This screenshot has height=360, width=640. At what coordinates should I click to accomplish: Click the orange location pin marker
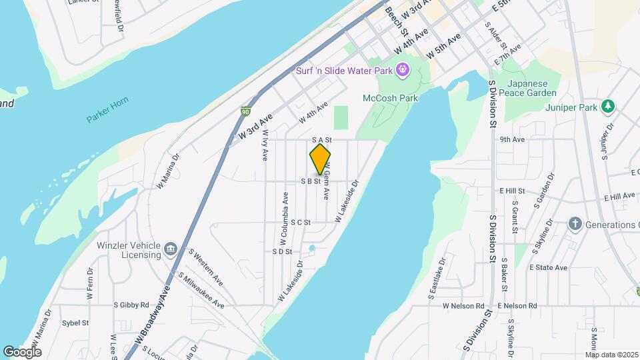pyautogui.click(x=321, y=159)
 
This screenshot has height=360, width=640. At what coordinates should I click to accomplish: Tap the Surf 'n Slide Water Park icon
pyautogui.click(x=403, y=69)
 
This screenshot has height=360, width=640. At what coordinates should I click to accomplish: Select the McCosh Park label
pyautogui.click(x=390, y=98)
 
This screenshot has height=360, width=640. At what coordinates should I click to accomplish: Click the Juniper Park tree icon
pyautogui.click(x=607, y=106)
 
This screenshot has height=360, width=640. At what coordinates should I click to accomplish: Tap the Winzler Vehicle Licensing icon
pyautogui.click(x=171, y=249)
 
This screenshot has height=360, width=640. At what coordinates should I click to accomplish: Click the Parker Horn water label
pyautogui.click(x=107, y=111)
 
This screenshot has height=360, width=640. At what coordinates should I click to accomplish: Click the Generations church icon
pyautogui.click(x=575, y=225)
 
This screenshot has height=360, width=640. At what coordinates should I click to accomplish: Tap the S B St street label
pyautogui.click(x=311, y=181)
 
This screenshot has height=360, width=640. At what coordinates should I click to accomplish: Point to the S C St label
pyautogui.click(x=301, y=222)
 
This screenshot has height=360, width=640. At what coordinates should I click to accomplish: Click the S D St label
pyautogui.click(x=282, y=251)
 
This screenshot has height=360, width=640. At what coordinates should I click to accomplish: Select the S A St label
pyautogui.click(x=321, y=140)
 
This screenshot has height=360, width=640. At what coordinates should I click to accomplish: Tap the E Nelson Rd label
pyautogui.click(x=517, y=305)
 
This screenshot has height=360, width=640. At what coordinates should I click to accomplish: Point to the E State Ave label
pyautogui.click(x=548, y=267)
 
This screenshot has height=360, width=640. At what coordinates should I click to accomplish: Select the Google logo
pyautogui.click(x=22, y=351)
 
